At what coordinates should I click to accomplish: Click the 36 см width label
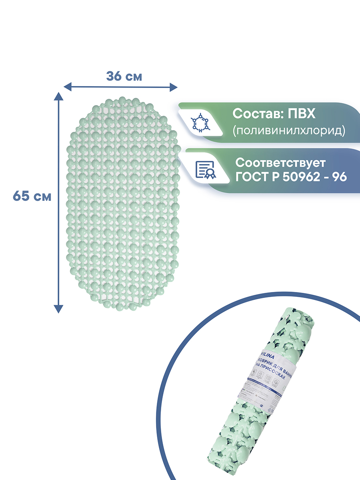(x=124, y=76)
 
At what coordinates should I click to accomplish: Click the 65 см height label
(x=32, y=196)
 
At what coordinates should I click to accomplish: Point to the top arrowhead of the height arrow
(x=59, y=96)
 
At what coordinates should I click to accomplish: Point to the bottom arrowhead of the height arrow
(x=59, y=308)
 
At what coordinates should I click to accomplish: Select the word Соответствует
(x=281, y=163)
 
